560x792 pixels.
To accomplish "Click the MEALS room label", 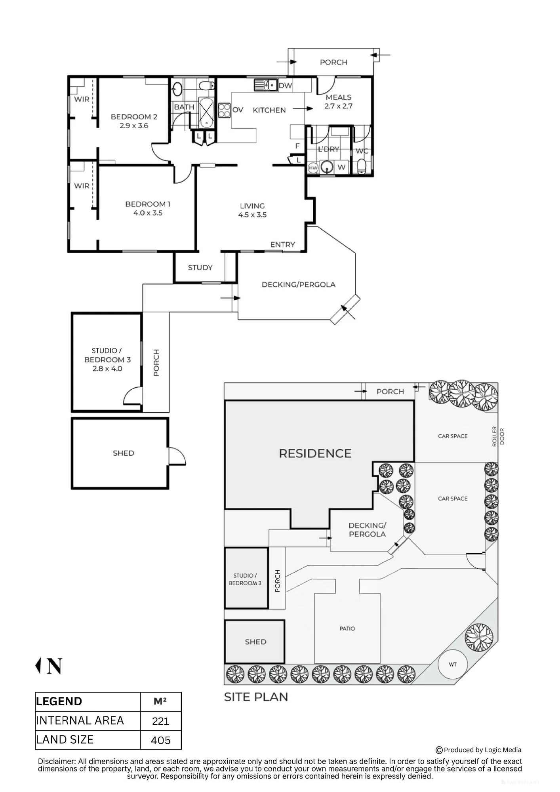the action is (x=339, y=97).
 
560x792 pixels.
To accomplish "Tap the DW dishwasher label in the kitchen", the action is (x=285, y=86).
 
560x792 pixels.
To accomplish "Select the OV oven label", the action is (x=238, y=110).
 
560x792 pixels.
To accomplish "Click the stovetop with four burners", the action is (x=224, y=110).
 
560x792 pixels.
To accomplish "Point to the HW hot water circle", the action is (x=313, y=168).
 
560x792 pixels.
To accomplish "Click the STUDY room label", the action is (x=200, y=268).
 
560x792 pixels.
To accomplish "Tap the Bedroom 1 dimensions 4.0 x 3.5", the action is (x=148, y=213).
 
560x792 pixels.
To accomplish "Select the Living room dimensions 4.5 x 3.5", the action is (x=252, y=215).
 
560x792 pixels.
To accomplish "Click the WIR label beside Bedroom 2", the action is (x=82, y=99).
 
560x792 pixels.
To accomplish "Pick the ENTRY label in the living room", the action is (x=283, y=245).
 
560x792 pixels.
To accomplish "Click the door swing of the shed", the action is (x=177, y=456).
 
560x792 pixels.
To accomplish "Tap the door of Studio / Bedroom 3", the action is (x=133, y=396).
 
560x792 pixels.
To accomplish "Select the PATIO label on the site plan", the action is (x=347, y=628).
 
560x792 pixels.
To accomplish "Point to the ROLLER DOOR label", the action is (x=498, y=437).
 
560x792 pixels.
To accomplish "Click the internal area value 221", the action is (x=160, y=722).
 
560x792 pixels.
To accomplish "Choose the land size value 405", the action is (x=160, y=741).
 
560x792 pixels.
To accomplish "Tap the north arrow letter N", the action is (x=54, y=666).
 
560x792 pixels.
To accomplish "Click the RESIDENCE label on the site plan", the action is (x=315, y=453).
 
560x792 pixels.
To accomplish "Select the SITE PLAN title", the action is (x=256, y=697).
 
